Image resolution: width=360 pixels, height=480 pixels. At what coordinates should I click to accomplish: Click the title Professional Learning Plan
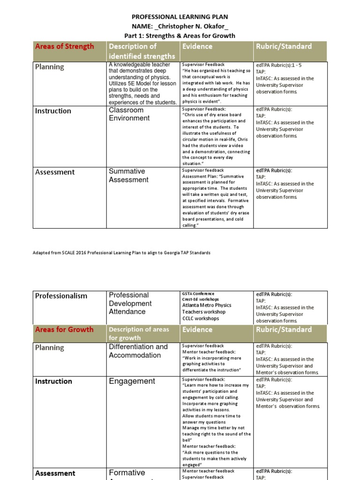coord(180,16)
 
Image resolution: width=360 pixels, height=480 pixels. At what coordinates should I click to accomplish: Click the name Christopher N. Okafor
coord(180,26)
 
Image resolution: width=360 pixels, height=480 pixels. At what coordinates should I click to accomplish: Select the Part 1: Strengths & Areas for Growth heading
coord(180,36)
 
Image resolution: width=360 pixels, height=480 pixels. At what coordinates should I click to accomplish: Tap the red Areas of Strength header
coord(65,46)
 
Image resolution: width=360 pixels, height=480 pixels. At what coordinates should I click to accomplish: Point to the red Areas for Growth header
coord(64,329)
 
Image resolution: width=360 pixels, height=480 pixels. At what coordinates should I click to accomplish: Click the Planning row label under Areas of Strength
coord(50,67)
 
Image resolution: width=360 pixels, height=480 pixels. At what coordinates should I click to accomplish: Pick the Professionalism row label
coord(61,295)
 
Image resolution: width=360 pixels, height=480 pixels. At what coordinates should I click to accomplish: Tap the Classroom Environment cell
coord(129,114)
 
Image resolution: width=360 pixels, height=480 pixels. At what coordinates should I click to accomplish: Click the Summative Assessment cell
coord(128,175)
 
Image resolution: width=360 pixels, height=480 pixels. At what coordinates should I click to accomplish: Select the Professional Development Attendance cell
coord(130,303)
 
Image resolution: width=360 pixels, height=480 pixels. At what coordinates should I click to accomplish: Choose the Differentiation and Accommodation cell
coord(138,351)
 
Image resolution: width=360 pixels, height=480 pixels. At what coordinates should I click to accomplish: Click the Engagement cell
coord(132,381)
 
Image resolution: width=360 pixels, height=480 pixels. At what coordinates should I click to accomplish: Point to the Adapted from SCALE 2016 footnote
coord(121,253)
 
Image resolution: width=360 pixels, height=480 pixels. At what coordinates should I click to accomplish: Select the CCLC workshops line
coord(200,318)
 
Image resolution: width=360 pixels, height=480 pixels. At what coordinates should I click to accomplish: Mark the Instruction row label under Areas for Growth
coord(54,381)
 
